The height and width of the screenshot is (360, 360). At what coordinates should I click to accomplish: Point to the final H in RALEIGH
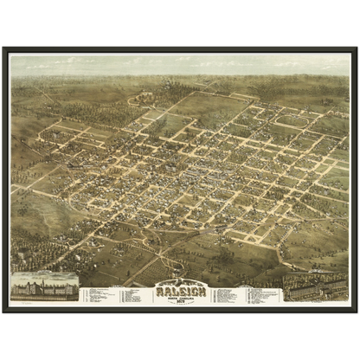pyautogui.click(x=203, y=290)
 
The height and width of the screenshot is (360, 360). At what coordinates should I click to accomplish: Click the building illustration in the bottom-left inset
pyautogui.click(x=42, y=286)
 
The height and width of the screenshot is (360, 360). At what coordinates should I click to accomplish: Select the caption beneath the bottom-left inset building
pyautogui.click(x=42, y=299)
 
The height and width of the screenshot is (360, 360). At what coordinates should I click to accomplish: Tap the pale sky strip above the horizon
pyautogui.click(x=180, y=62)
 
